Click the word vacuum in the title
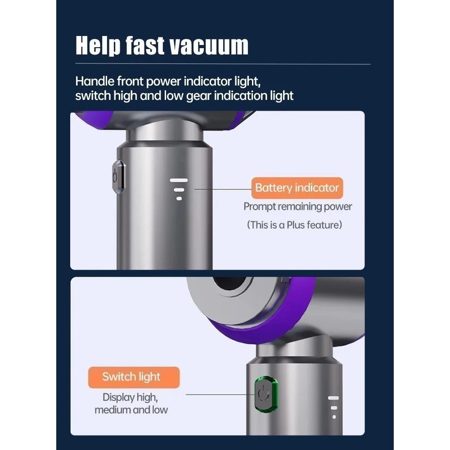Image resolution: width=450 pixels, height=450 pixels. click(x=209, y=46)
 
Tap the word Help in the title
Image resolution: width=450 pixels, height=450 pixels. click(x=98, y=46)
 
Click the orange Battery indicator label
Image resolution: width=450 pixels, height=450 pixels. click(x=297, y=188)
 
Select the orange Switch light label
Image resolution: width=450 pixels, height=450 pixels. click(x=134, y=377)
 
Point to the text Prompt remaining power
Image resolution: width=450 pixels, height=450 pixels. click(x=297, y=207)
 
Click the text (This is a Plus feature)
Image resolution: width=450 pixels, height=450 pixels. click(x=294, y=225)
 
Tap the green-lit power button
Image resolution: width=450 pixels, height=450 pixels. click(x=266, y=394)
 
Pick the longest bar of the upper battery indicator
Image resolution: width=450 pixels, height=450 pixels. click(x=179, y=180)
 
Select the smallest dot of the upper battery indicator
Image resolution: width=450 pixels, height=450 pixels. click(x=179, y=198)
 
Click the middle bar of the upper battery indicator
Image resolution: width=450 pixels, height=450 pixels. click(x=179, y=190)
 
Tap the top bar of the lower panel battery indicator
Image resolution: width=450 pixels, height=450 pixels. click(x=333, y=398)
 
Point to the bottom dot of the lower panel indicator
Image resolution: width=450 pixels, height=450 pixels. click(x=334, y=417)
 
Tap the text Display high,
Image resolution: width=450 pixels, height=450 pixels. click(x=130, y=397)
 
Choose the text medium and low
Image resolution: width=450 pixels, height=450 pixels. click(x=131, y=410)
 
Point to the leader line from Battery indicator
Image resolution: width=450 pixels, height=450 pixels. click(x=223, y=189)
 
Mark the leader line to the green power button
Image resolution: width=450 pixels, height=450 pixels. click(x=220, y=395)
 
